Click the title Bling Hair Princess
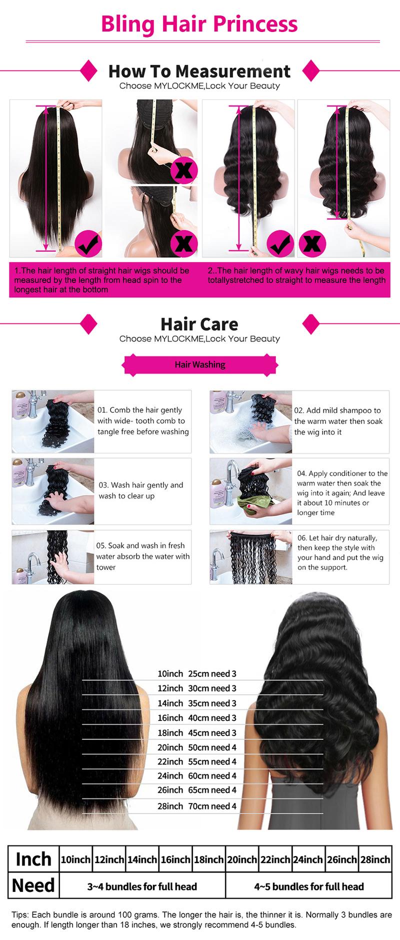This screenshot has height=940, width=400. click(x=199, y=23)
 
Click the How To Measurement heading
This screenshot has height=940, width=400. click(x=199, y=71)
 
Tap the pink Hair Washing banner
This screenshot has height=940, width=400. click(x=200, y=364)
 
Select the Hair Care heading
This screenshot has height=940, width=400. click(x=199, y=324)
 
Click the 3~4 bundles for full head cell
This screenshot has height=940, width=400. click(x=142, y=886)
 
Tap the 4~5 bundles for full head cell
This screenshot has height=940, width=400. click(x=308, y=886)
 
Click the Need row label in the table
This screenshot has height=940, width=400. click(x=33, y=885)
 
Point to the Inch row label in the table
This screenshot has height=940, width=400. click(x=33, y=859)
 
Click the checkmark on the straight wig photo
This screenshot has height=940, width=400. click(x=88, y=244)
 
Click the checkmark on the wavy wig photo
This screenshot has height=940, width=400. click(x=280, y=244)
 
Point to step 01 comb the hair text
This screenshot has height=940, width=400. click(x=143, y=421)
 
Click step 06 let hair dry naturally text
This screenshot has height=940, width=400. click(x=340, y=552)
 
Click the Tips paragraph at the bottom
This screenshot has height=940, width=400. click(x=200, y=920)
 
